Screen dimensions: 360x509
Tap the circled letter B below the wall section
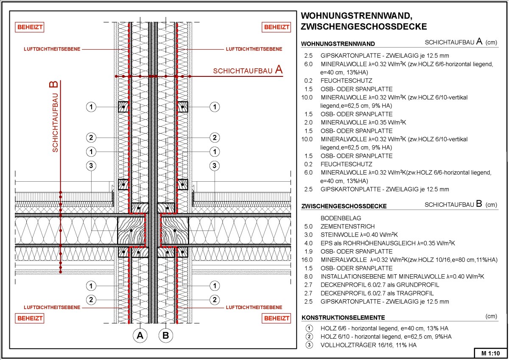[166, 335]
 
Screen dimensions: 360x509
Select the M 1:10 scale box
[490, 353]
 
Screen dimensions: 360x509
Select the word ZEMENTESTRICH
[342, 227]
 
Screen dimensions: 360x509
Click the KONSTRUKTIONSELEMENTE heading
[343, 318]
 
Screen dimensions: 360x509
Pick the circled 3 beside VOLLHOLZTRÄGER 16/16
[309, 345]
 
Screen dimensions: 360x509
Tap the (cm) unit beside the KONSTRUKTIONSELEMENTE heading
[491, 317]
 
